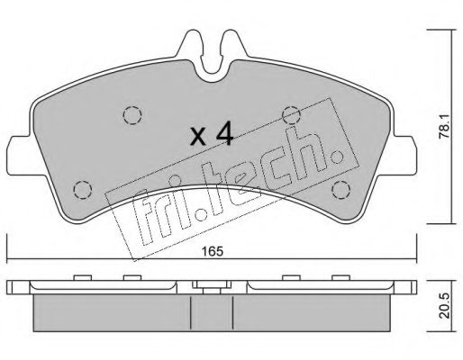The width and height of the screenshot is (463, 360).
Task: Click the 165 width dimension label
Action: (213, 251)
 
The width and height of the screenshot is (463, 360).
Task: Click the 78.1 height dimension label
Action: (444, 126)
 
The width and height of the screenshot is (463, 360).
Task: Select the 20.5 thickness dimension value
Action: (444, 306)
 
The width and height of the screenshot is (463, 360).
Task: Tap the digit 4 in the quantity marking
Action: (224, 133)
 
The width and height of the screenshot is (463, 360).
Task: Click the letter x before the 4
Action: (199, 137)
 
